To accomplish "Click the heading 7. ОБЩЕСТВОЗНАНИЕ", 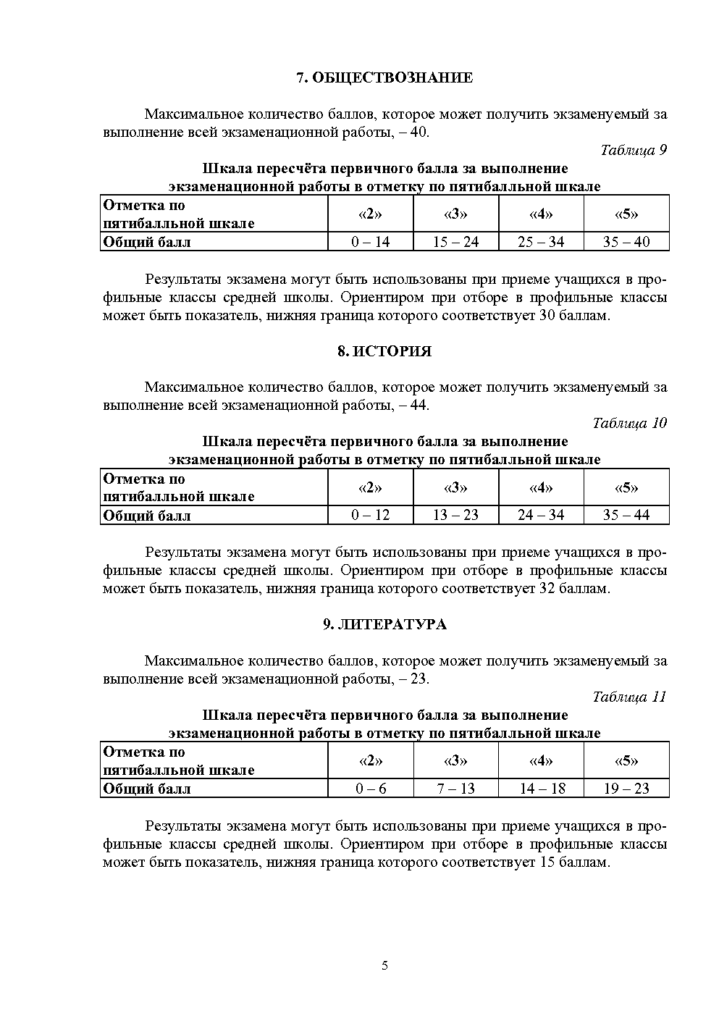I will click(384, 78).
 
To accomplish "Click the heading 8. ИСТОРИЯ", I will click(384, 352).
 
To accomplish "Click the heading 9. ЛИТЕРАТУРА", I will click(384, 625).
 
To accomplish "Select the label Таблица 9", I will click(633, 151).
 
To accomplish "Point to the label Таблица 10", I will click(629, 423).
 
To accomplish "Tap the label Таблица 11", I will click(629, 697).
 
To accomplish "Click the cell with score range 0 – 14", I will click(371, 242).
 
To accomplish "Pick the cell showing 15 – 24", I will click(455, 242).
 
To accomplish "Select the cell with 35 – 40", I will click(626, 242).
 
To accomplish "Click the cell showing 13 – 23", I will click(455, 515).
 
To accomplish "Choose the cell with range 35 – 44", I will click(626, 515).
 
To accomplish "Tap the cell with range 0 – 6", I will click(371, 789).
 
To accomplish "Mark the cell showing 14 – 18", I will click(542, 789).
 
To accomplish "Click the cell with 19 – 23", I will click(626, 789).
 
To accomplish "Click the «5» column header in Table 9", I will click(626, 214).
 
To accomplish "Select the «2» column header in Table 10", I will click(371, 487).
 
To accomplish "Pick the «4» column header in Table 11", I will click(542, 761).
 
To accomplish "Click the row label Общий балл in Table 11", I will click(147, 789).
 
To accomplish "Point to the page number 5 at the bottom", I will click(384, 965).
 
